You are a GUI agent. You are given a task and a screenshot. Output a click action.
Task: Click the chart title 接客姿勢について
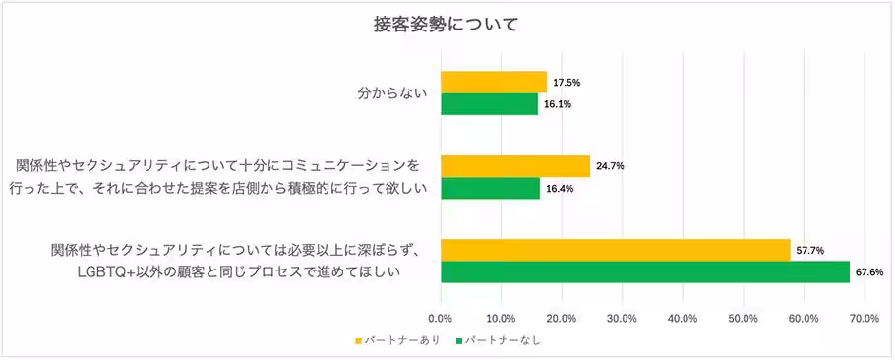tap(447, 24)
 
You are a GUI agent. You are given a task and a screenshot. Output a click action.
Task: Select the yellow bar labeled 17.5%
tap(493, 83)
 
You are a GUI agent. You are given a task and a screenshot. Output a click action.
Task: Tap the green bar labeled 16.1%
tap(489, 104)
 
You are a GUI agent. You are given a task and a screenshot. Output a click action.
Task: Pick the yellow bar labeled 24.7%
tap(514, 167)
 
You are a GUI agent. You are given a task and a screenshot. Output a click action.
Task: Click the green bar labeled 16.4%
tap(490, 188)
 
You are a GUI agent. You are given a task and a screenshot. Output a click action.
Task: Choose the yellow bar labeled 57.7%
tap(615, 251)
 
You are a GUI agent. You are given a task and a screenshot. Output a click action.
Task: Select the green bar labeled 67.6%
tap(644, 272)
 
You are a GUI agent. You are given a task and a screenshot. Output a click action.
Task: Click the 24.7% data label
tap(610, 167)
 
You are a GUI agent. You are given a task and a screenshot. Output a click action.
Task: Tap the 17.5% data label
tap(567, 83)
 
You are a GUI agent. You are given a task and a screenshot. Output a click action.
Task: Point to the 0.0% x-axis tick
tap(441, 318)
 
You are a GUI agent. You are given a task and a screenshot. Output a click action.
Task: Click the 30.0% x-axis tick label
tap(622, 318)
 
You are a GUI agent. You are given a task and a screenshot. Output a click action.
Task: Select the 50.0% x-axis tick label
tap(743, 318)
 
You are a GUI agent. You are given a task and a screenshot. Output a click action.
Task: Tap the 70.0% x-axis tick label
tap(864, 318)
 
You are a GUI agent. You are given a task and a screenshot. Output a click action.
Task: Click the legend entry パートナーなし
tap(503, 341)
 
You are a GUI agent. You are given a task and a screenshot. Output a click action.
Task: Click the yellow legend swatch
tap(359, 341)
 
